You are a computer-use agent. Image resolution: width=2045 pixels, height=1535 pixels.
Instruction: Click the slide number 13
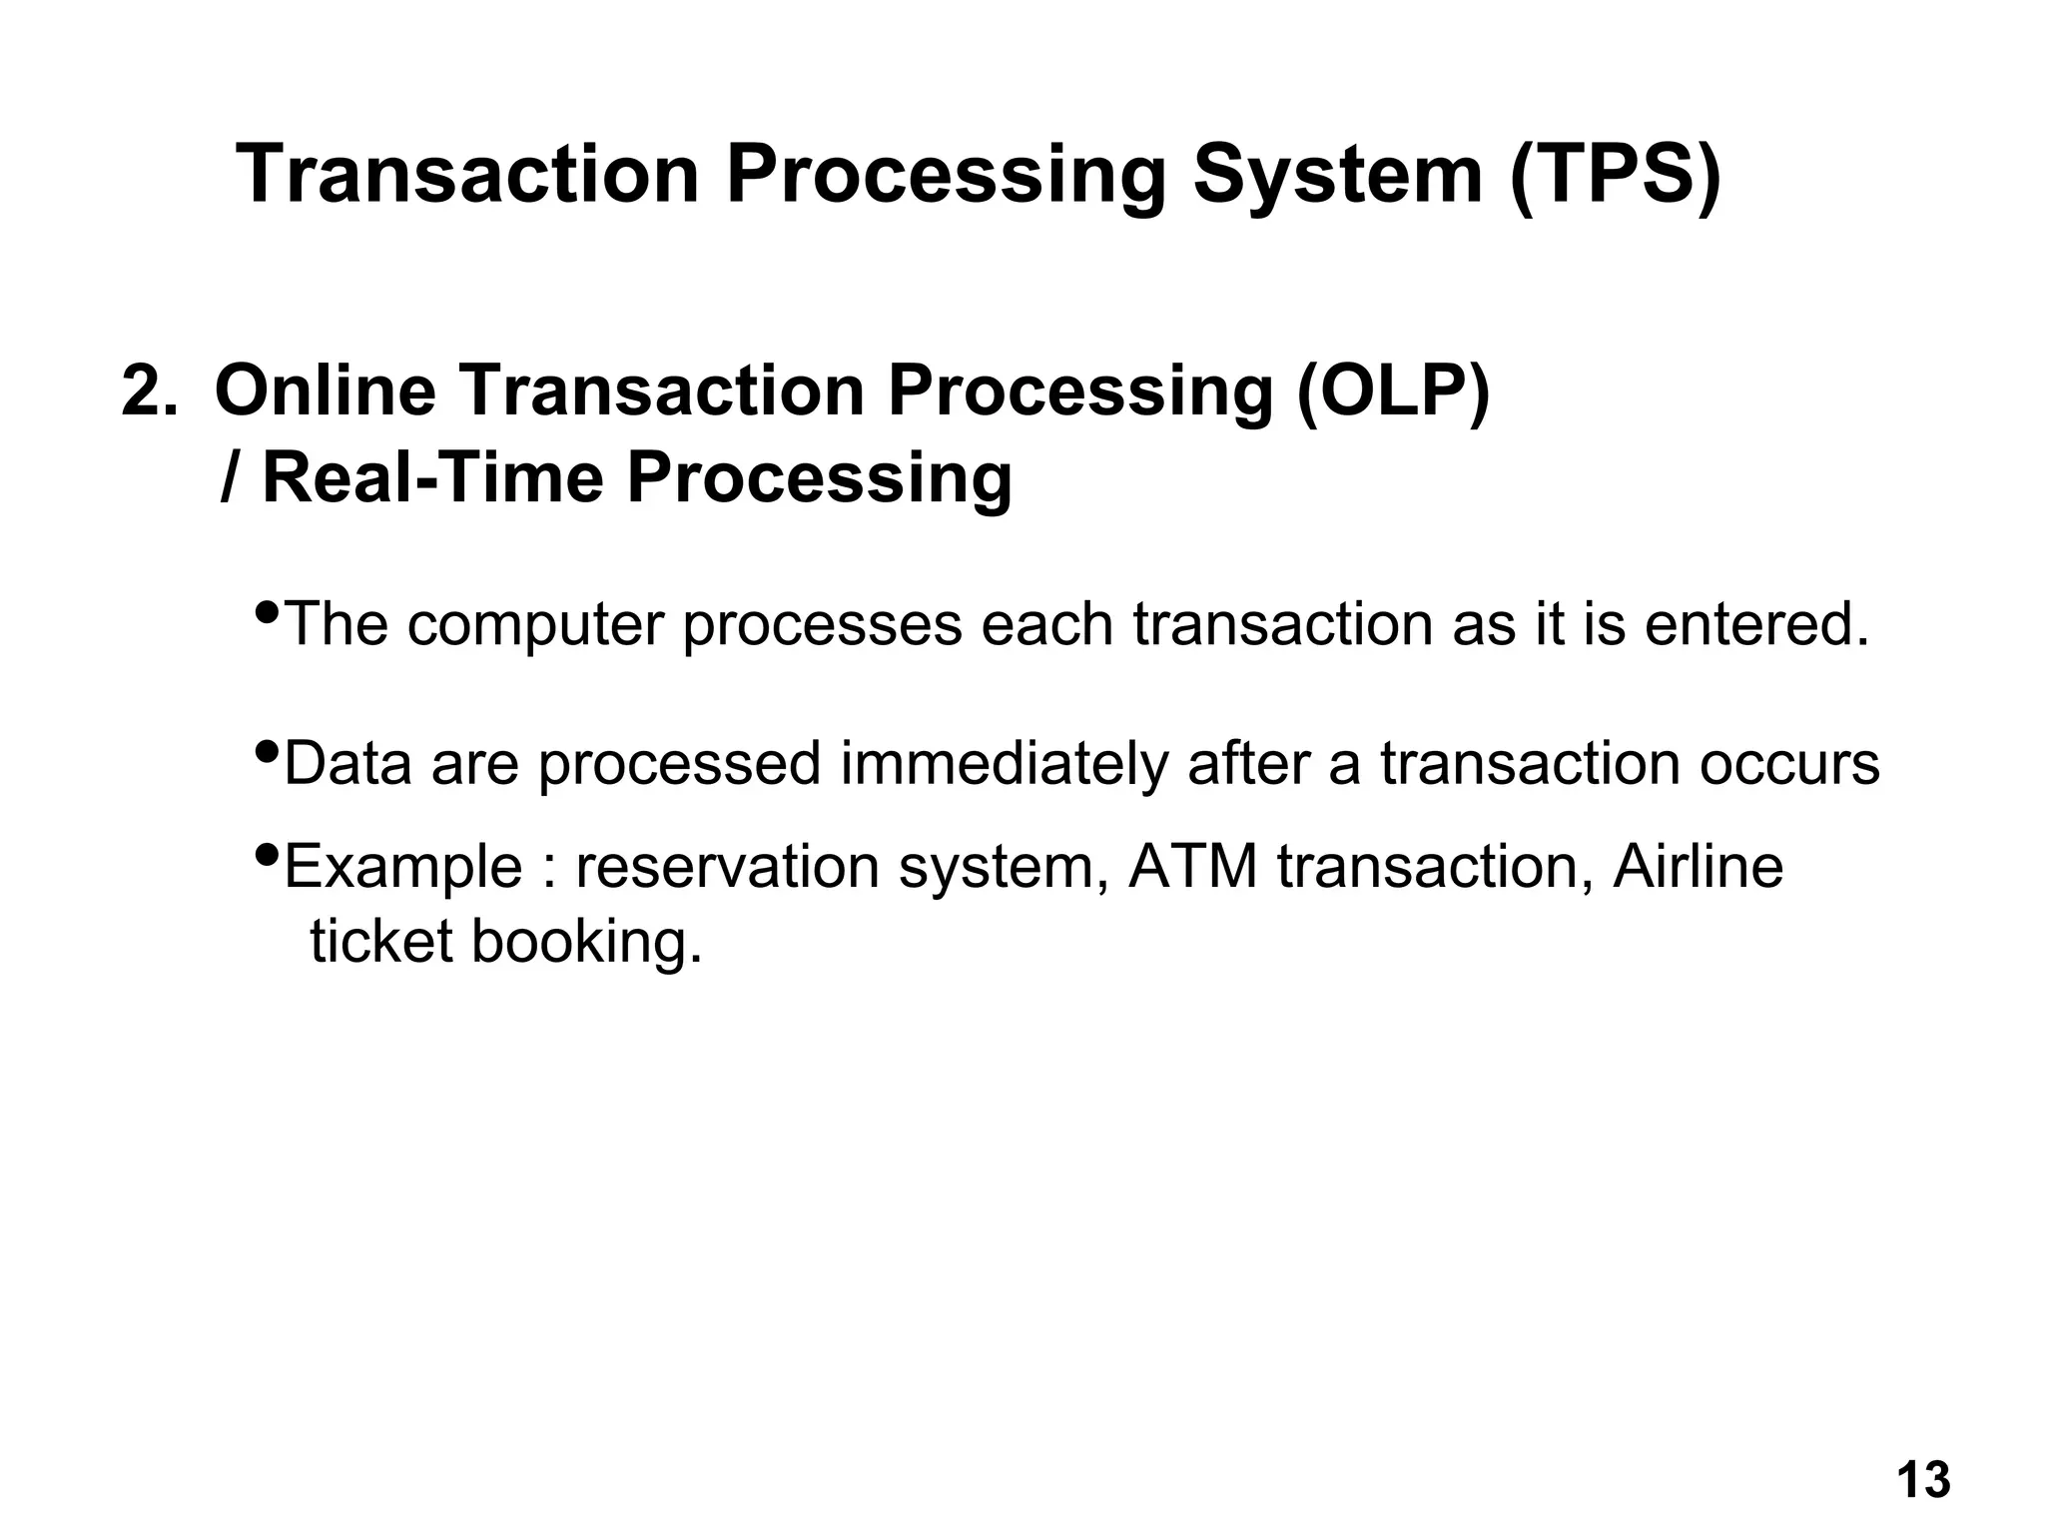(1922, 1481)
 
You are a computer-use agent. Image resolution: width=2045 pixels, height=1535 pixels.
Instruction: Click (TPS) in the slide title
(1616, 175)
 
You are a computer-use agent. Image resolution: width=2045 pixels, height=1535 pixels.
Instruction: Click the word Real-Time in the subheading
(432, 477)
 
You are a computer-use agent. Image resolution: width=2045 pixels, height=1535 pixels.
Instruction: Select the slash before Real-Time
(229, 477)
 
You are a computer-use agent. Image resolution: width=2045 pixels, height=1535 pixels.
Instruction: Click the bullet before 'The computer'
(267, 611)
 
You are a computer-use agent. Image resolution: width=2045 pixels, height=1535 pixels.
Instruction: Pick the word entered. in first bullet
(1756, 624)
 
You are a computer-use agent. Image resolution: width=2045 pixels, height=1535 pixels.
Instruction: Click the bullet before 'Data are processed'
(267, 750)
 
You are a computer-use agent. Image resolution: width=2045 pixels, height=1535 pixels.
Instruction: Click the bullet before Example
(267, 854)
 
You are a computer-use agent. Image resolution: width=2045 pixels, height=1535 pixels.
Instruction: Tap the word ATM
(1192, 866)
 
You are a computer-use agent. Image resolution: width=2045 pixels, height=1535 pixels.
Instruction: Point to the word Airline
(1698, 866)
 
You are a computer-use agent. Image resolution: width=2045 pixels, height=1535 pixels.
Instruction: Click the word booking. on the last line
(586, 942)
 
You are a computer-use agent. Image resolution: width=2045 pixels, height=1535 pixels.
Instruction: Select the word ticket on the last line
(380, 942)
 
